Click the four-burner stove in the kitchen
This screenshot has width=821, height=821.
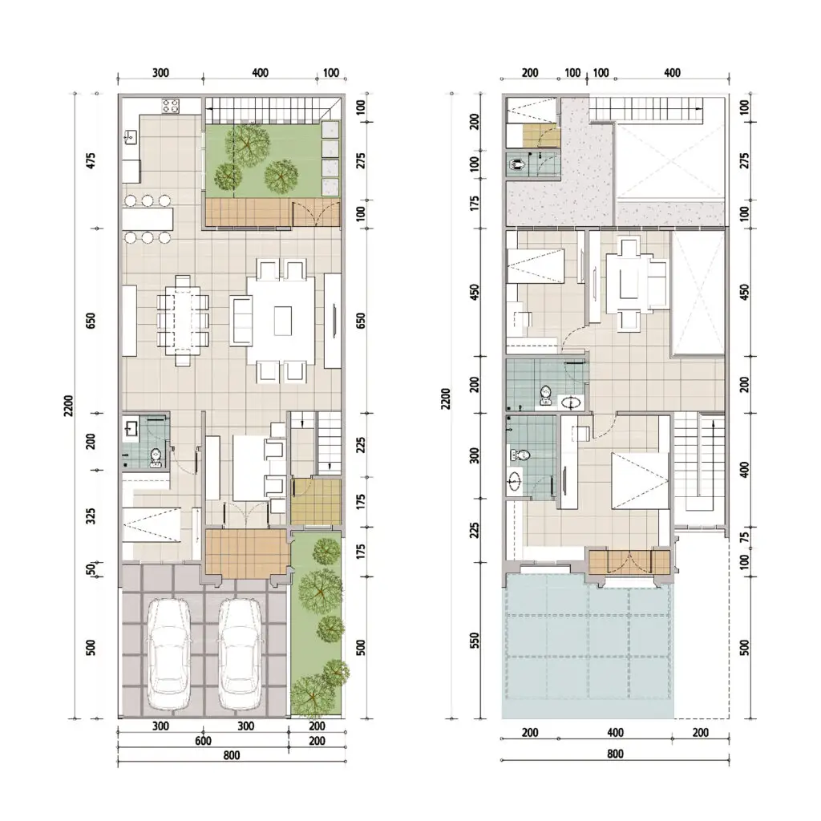click(x=171, y=105)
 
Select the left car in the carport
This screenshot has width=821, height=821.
click(x=170, y=655)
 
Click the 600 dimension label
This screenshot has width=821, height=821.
click(x=204, y=741)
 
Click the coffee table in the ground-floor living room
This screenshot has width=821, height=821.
click(x=283, y=321)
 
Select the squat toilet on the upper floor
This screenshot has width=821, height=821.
click(x=519, y=164)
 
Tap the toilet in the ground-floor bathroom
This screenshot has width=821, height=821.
click(x=156, y=456)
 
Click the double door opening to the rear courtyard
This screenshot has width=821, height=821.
click(x=309, y=213)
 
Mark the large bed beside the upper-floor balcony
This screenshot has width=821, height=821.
click(x=640, y=480)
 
